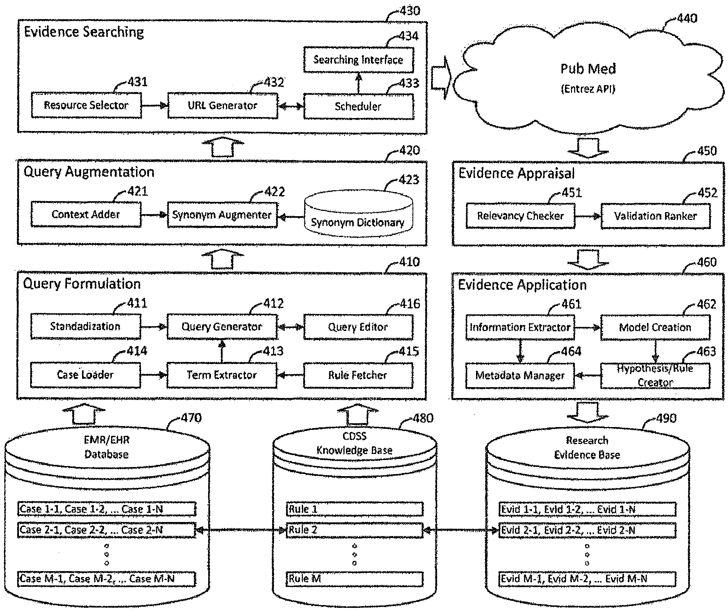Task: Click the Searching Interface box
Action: coord(359,60)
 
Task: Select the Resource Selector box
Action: coord(86,105)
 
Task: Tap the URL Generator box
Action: coord(223,105)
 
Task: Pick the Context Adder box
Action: coord(86,214)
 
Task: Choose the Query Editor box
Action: coord(358,327)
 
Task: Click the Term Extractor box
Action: coord(222,375)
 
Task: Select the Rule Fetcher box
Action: coord(358,375)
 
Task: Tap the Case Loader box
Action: coord(86,375)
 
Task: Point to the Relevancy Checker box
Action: coord(521,215)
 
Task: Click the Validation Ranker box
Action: coord(655,216)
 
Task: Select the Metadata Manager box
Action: coord(520,376)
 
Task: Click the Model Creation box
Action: coord(655,327)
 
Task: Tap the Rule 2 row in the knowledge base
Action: coord(355,530)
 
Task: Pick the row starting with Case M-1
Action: coord(107,579)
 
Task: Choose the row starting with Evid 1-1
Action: coord(587,509)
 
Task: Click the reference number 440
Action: coord(687,18)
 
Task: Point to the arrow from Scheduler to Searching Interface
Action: coord(358,83)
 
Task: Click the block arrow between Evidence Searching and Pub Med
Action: coord(441,77)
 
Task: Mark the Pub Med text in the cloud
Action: coord(588,69)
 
